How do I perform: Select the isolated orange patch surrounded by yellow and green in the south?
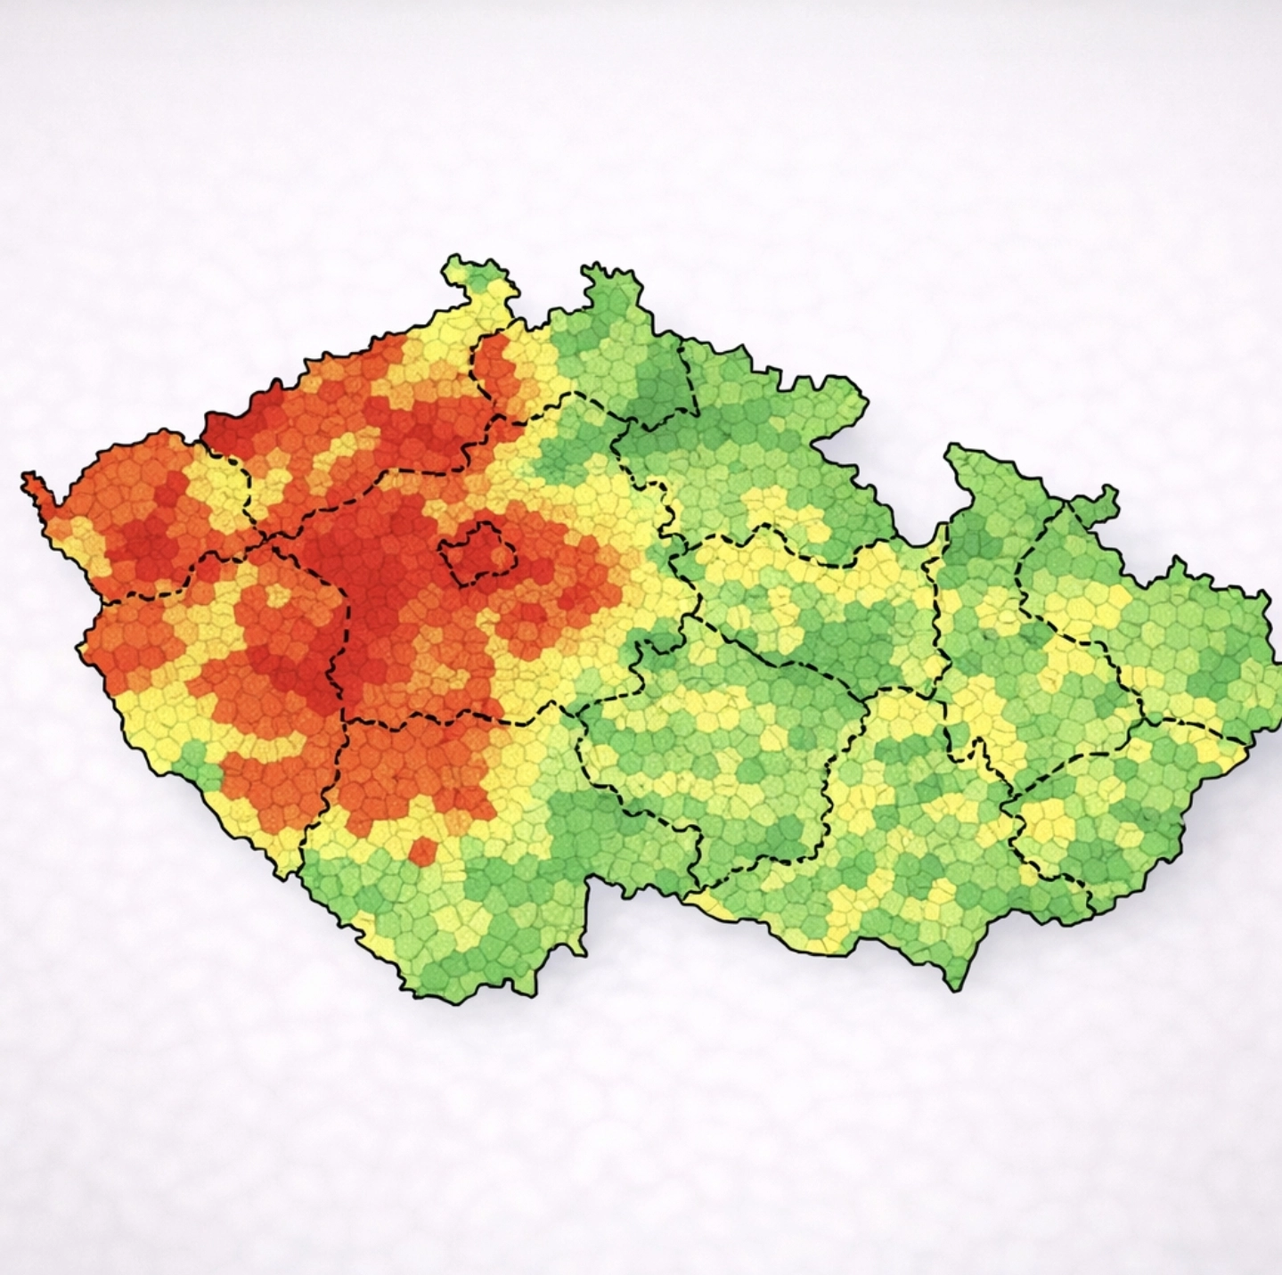(422, 850)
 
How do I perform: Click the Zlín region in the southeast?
(1105, 820)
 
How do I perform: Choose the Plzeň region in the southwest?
(223, 677)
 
